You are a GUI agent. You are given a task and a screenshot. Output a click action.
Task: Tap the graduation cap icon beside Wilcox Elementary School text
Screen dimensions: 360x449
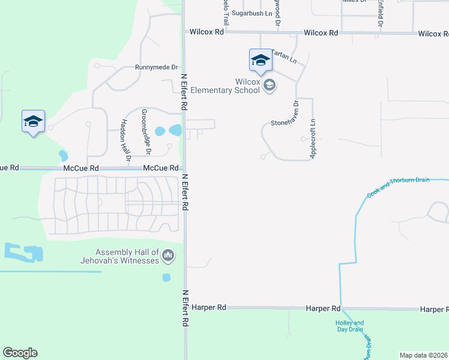[270, 85]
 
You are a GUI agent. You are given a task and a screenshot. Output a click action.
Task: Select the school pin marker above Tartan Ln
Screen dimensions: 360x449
[261, 60]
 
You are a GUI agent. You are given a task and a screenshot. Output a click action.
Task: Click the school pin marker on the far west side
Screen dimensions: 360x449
[34, 122]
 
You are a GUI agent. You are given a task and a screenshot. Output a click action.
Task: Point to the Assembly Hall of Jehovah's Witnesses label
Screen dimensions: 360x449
[120, 256]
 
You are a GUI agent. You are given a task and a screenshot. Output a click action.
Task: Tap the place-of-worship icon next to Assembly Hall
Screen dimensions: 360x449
[168, 256]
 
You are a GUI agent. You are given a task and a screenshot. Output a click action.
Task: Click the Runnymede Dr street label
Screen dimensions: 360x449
[157, 67]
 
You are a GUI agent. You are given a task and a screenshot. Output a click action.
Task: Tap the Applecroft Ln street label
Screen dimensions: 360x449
[313, 139]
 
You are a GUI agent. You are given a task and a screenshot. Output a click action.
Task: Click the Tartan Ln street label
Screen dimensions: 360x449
[284, 56]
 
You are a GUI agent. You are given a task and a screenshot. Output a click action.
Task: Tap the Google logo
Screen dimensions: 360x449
[20, 353]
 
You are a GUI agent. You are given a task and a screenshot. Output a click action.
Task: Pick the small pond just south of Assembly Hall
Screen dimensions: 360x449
[166, 277]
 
